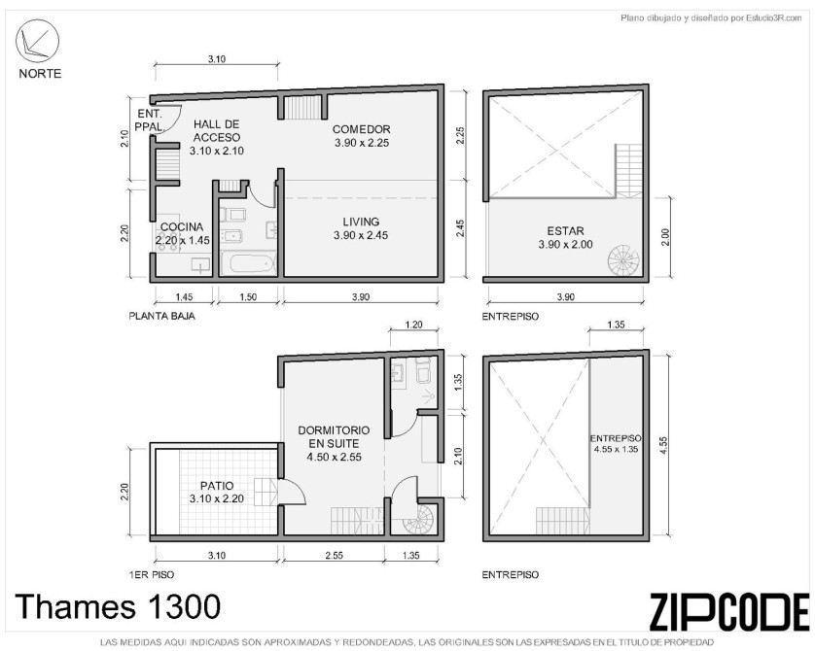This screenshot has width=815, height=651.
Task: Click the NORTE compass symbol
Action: (x=37, y=41)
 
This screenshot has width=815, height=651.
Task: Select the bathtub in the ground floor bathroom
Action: (x=248, y=263)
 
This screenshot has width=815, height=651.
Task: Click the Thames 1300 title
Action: (x=118, y=606)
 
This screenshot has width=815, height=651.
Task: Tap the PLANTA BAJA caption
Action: (x=162, y=316)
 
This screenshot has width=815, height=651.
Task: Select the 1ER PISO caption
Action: (x=152, y=574)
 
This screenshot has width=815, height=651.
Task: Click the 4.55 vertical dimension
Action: (x=663, y=446)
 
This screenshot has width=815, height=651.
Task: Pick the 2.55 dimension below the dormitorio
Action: (x=335, y=556)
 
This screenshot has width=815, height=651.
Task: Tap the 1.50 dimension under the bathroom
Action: (x=248, y=297)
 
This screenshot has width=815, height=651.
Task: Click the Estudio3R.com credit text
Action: (x=711, y=18)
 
